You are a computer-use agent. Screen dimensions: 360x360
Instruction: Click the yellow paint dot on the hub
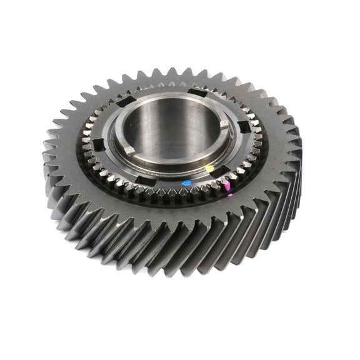tap(209, 169)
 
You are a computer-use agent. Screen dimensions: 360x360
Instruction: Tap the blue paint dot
tap(186, 183)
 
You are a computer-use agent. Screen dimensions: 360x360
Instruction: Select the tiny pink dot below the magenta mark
tap(229, 195)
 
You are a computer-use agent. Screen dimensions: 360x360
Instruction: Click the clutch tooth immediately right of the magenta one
tap(234, 182)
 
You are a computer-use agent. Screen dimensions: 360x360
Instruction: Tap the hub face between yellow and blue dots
tap(198, 177)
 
